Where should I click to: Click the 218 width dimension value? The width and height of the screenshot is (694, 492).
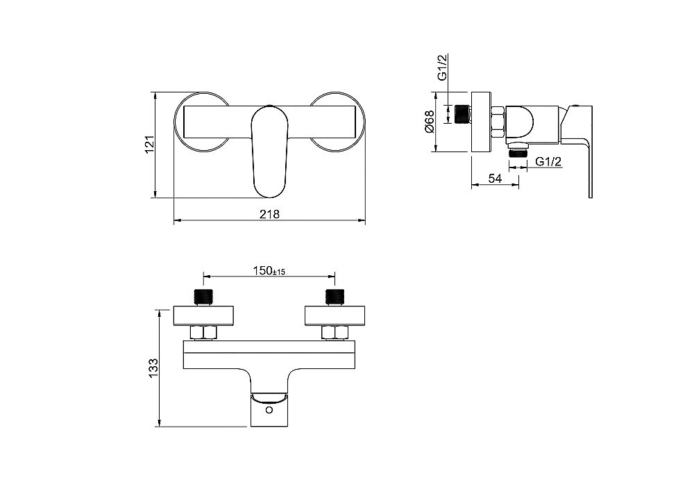269,215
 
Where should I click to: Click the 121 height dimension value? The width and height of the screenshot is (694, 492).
150,145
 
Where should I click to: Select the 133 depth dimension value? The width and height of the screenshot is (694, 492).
153,368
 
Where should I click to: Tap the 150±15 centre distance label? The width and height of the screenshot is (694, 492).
269,270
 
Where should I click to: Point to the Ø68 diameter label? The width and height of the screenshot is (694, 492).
430,122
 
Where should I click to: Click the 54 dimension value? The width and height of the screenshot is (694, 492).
495,179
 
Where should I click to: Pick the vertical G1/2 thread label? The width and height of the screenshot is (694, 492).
442,67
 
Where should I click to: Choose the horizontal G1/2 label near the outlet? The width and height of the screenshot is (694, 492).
548,162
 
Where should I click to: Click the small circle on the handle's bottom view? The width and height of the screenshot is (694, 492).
269,410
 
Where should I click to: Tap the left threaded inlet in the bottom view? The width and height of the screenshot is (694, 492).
203,297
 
